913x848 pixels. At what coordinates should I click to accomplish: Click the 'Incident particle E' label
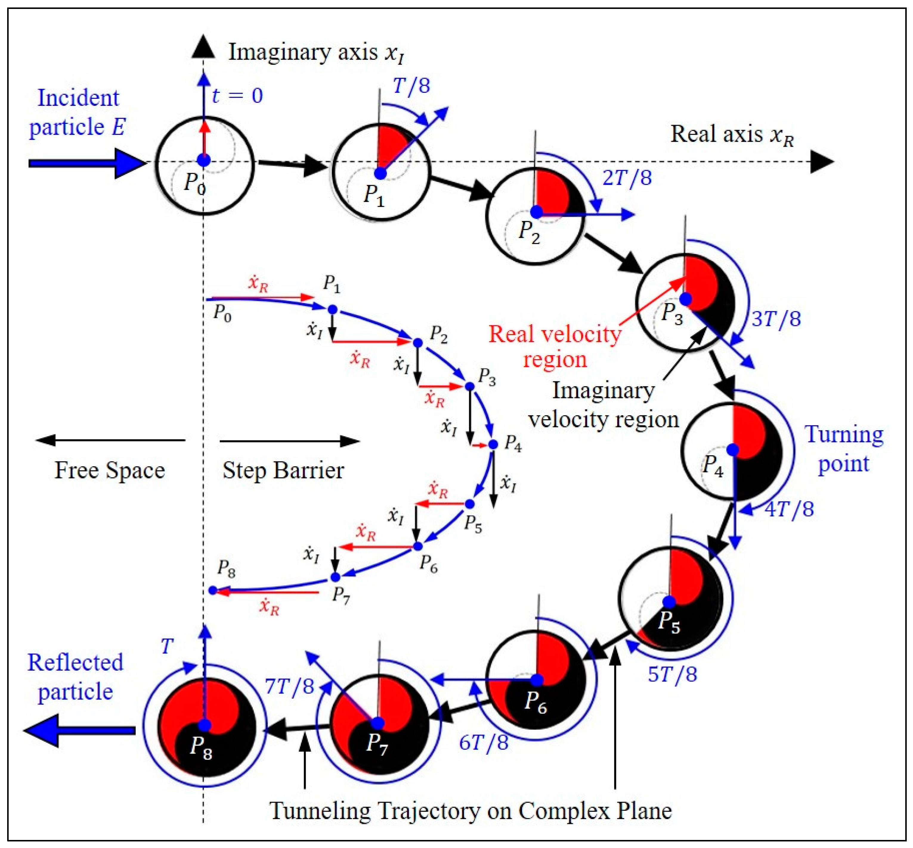[77, 112]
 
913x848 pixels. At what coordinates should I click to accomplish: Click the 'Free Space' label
[110, 470]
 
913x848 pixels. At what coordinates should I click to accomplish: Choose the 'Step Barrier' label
[283, 470]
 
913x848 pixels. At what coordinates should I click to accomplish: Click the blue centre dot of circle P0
[203, 161]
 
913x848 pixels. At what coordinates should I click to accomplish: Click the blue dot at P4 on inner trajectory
[493, 444]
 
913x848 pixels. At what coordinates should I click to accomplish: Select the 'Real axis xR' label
[732, 135]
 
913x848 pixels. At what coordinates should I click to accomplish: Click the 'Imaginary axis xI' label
[317, 52]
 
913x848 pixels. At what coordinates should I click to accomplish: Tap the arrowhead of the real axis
[821, 162]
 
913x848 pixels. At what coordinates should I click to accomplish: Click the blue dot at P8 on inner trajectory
[212, 590]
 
